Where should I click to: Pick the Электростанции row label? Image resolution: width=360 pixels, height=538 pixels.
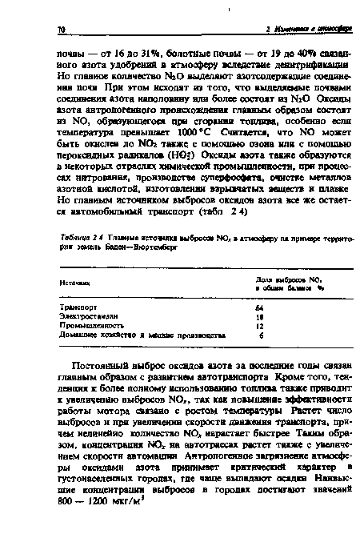coord(90,315)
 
